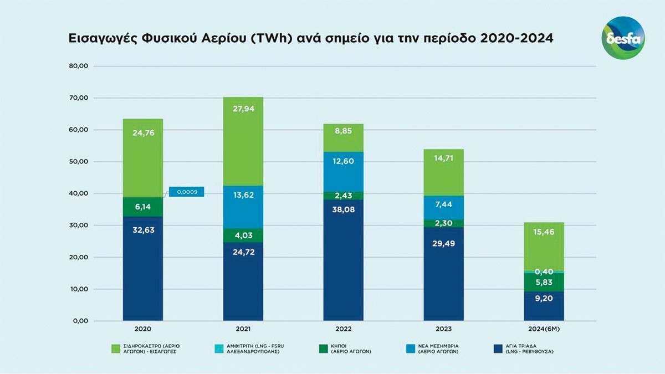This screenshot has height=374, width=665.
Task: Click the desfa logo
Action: pos(623,38)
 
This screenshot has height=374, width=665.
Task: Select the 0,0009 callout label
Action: pos(187,192)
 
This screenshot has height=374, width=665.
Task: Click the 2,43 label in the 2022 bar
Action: pos(343,196)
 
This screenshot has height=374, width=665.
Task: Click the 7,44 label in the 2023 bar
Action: pos(443,204)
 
